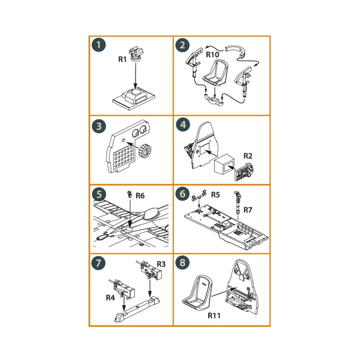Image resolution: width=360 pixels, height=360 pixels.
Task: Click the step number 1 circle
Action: [99, 45]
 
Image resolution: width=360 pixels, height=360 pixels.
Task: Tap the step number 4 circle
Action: [183, 124]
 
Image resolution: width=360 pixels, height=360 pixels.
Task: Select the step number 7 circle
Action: [99, 263]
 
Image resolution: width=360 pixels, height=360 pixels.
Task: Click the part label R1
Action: [122, 59]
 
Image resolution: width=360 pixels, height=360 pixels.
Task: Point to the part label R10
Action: [212, 55]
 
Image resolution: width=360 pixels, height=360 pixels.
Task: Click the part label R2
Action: [248, 156]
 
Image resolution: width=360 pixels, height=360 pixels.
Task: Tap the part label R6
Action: [140, 196]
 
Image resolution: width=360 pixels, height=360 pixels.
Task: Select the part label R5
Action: [215, 195]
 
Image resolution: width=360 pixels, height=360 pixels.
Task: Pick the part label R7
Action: [248, 210]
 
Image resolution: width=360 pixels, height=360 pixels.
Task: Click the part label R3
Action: [161, 264]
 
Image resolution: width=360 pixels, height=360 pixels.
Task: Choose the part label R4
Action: [110, 298]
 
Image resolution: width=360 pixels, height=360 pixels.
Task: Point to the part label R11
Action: [214, 316]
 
